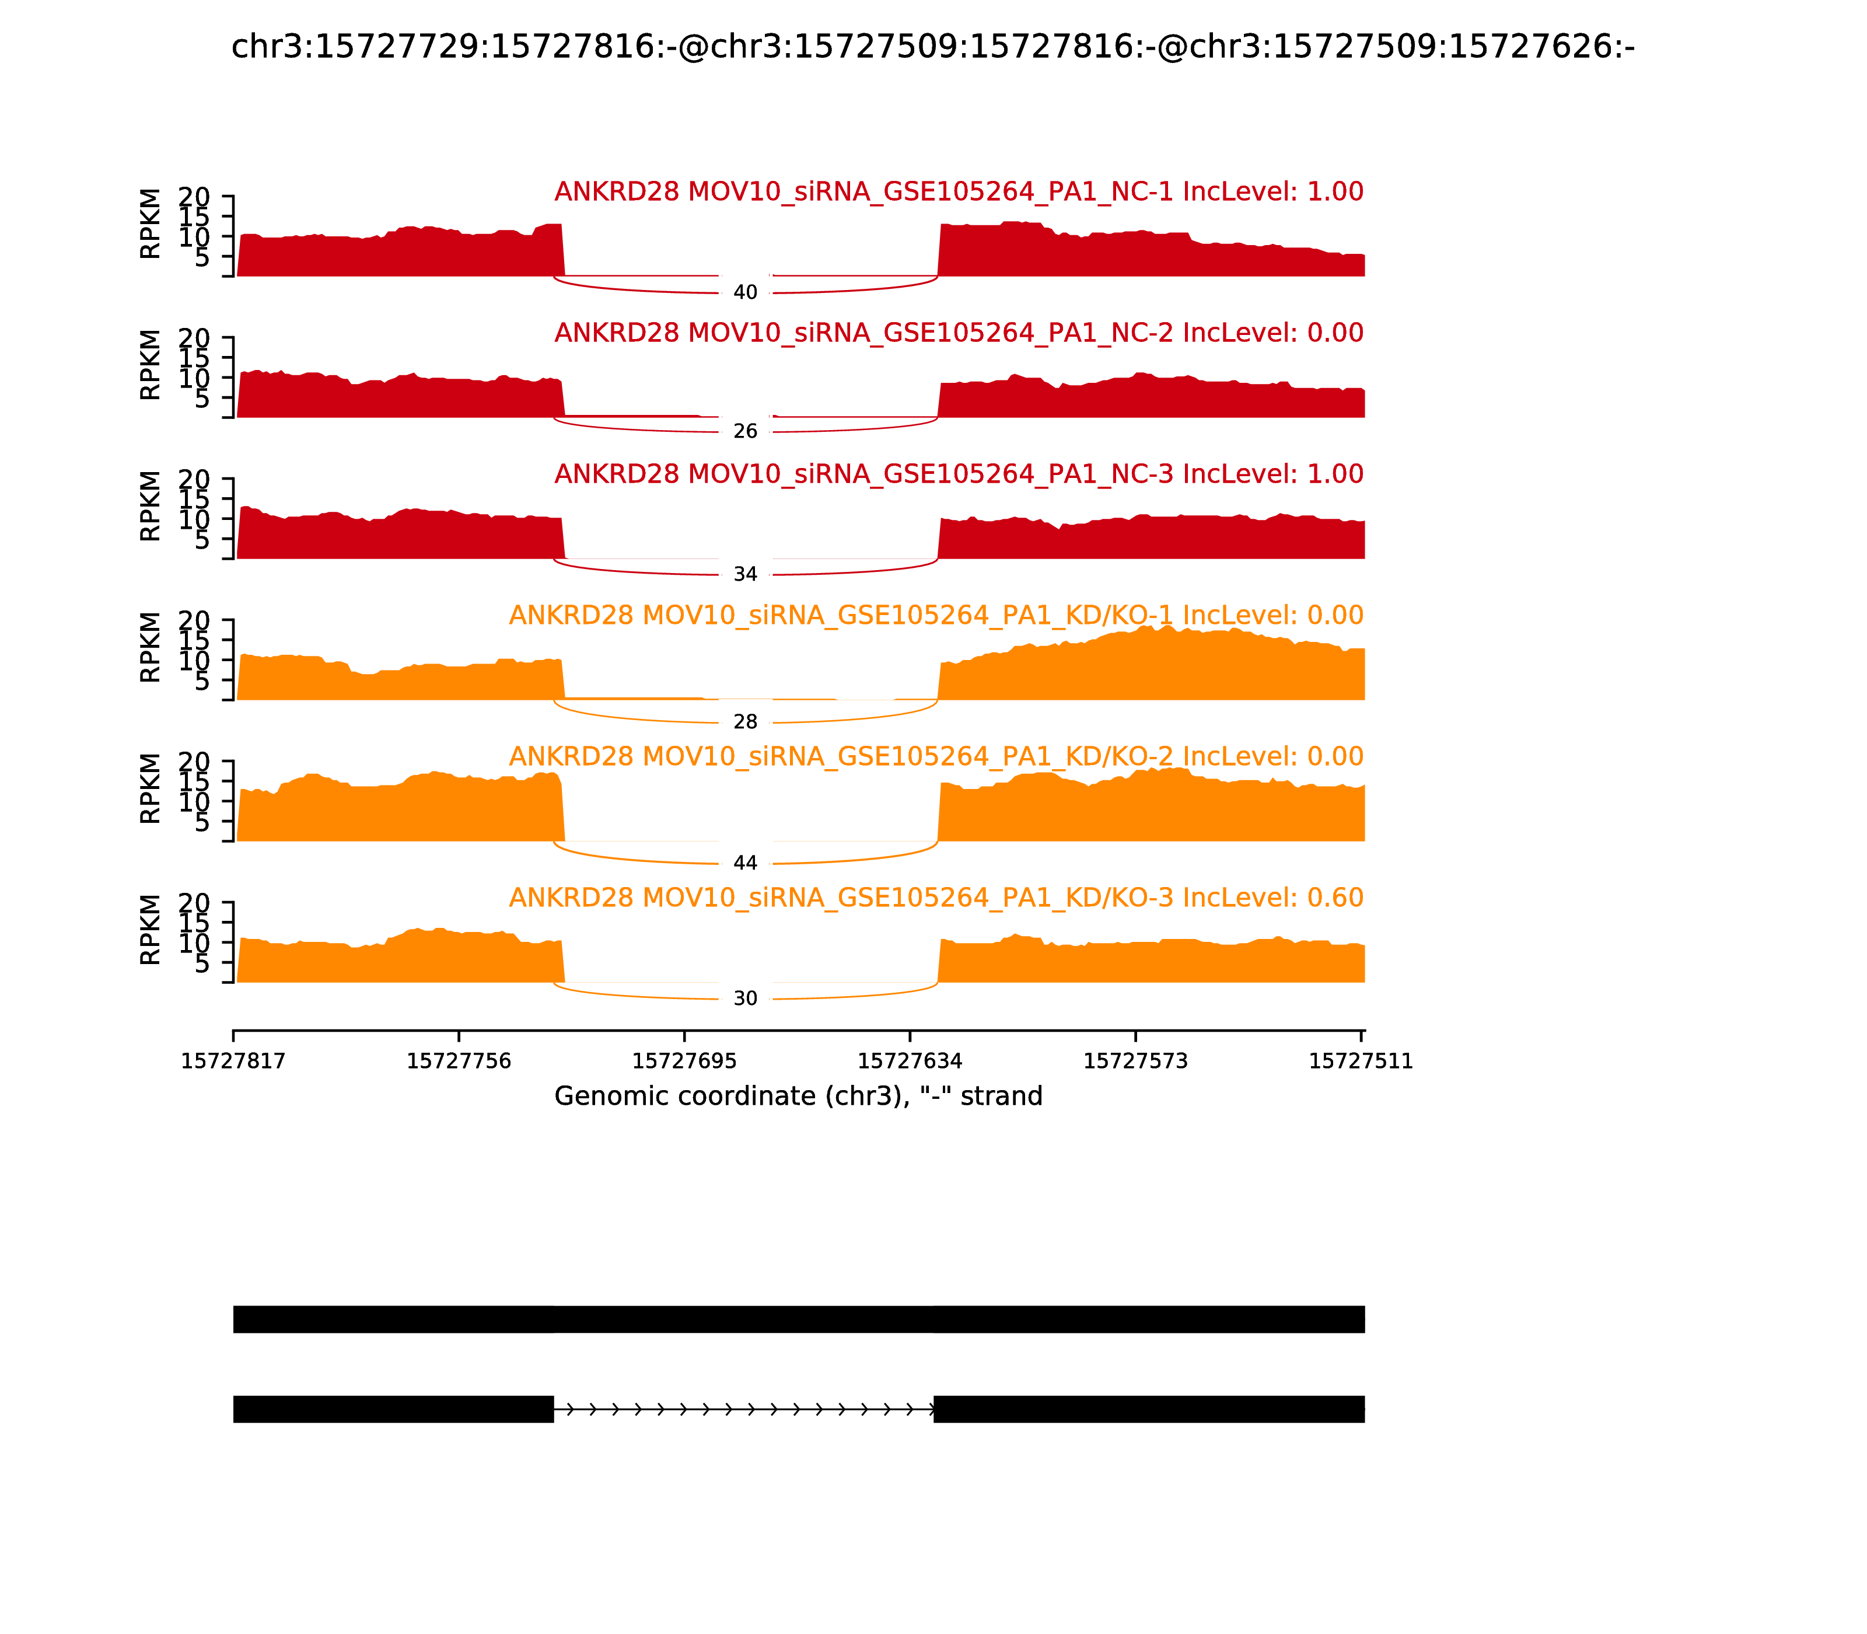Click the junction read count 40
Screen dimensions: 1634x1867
click(x=745, y=293)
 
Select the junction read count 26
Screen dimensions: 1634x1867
click(x=745, y=431)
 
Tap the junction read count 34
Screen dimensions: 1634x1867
click(x=745, y=574)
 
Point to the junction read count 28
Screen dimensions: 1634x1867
click(x=745, y=722)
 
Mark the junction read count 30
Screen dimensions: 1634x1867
click(x=745, y=998)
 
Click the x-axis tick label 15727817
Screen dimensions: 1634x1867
click(x=233, y=1062)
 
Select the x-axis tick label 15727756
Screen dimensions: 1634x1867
click(x=459, y=1062)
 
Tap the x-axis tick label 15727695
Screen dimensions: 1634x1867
click(x=684, y=1062)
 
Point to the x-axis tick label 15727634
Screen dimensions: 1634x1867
click(x=910, y=1062)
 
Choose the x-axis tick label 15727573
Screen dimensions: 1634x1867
click(x=1135, y=1062)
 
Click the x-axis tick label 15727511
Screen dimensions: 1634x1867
click(x=1360, y=1062)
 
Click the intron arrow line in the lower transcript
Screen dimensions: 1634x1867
click(x=743, y=1410)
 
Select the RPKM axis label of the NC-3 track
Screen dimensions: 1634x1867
click(x=151, y=505)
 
